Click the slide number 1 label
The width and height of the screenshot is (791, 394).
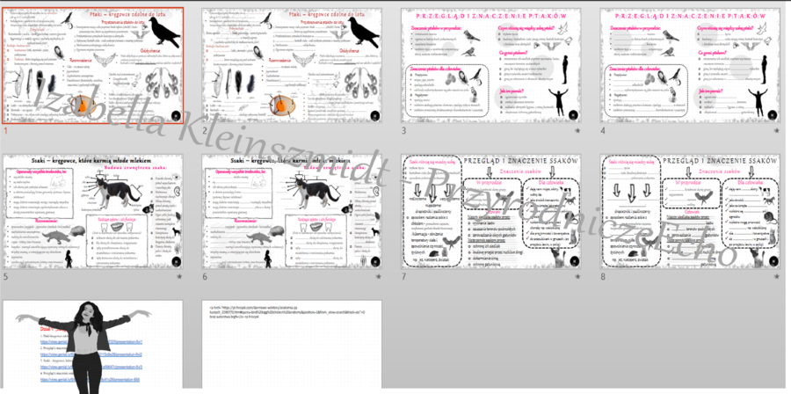pos(5,130)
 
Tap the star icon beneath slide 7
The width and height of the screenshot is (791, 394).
pos(576,276)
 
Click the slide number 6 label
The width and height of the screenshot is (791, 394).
pos(205,276)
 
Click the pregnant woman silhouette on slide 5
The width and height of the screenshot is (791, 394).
pos(70,259)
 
